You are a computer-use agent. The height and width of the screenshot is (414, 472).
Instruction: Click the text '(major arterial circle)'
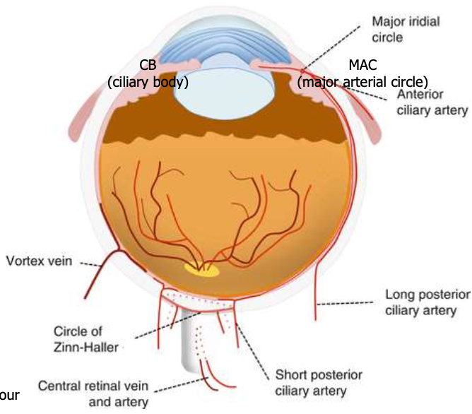point(363,82)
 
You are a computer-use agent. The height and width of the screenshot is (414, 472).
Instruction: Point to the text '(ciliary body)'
point(148,82)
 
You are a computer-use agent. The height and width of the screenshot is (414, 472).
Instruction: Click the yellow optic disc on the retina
point(202,270)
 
